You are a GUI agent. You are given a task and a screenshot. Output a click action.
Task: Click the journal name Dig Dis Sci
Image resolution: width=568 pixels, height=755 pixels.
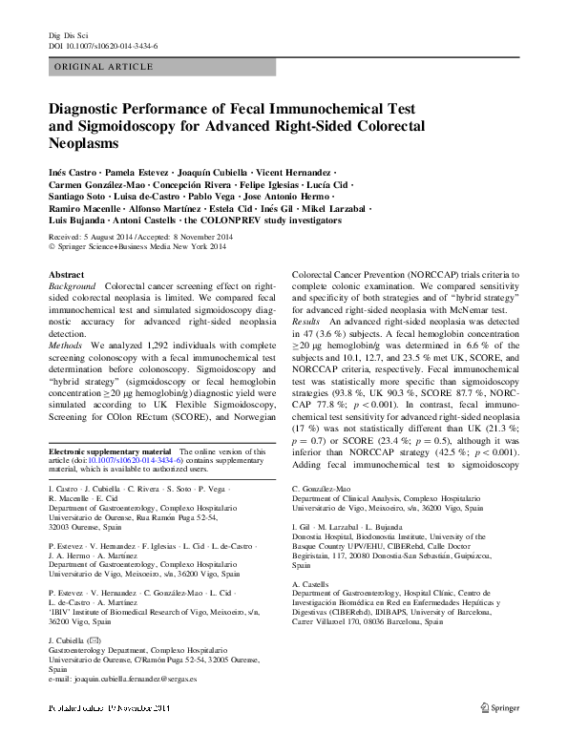coord(69,35)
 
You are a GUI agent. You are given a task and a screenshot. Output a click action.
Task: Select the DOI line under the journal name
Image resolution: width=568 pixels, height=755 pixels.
coord(103,46)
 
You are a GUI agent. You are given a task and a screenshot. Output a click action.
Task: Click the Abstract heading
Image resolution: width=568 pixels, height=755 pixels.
coord(65,274)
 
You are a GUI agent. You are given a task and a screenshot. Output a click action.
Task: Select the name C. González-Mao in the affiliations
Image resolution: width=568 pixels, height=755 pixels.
coord(323,488)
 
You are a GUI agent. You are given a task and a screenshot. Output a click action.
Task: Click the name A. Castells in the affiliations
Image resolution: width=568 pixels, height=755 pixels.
coord(312,581)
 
